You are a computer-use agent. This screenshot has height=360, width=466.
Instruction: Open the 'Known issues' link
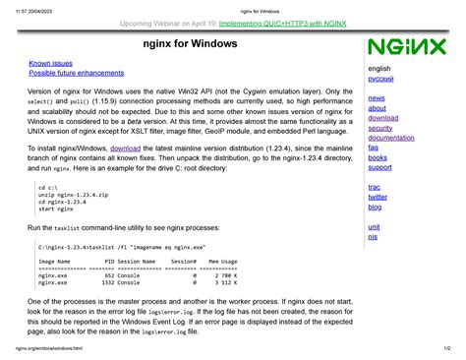click(51, 63)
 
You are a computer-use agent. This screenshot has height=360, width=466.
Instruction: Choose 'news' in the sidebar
click(377, 98)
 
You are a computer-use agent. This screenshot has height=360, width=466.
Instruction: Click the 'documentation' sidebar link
click(390, 138)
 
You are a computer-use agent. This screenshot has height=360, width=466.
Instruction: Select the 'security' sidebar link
click(380, 128)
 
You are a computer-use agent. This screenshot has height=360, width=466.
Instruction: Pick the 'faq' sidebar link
click(373, 148)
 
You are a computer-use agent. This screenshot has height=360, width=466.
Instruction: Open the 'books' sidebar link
click(378, 157)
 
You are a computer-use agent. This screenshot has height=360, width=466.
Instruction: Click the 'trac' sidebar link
click(375, 187)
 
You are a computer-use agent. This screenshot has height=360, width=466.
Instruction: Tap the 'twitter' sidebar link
click(378, 197)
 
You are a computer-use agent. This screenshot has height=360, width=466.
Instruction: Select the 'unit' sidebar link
click(374, 227)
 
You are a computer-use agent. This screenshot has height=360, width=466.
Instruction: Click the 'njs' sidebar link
click(373, 237)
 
